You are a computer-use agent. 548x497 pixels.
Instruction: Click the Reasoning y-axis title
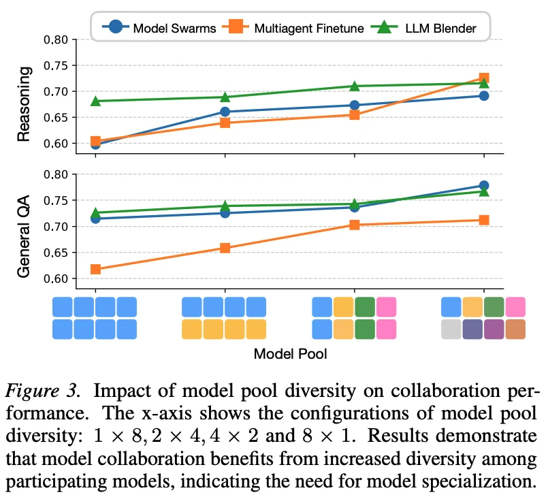24,103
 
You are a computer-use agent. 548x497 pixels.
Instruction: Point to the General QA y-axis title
24,231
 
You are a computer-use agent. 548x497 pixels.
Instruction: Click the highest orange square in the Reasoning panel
484,78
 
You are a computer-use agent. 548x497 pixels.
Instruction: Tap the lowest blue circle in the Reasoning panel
95,144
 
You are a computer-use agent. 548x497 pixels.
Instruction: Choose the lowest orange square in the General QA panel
95,269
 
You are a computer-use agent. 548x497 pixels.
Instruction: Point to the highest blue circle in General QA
484,185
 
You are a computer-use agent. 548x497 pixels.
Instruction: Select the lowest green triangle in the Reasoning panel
95,101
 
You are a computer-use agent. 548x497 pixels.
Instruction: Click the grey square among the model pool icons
451,330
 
